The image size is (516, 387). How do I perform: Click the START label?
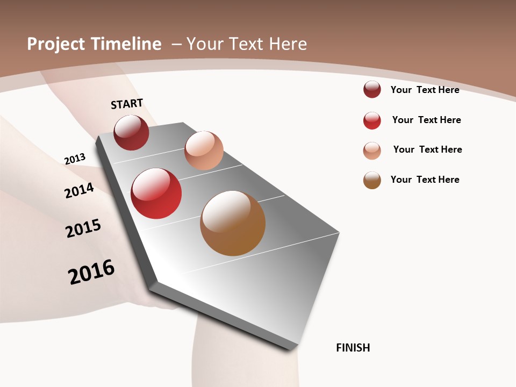[127, 104]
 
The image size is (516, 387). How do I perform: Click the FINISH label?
[353, 348]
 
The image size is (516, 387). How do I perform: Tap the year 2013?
[75, 159]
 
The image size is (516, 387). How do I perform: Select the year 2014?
[79, 191]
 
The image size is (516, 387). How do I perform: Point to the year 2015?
[83, 228]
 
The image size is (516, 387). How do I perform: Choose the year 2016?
[91, 271]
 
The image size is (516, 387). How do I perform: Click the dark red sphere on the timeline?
[131, 132]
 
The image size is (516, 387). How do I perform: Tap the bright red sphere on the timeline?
[156, 193]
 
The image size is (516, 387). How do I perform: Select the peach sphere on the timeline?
[204, 150]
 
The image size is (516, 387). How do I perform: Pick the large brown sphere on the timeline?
[233, 223]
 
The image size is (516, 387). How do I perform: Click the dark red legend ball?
[372, 90]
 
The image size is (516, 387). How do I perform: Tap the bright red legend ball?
[372, 120]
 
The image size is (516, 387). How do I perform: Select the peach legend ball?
[372, 150]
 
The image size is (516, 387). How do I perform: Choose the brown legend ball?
[372, 180]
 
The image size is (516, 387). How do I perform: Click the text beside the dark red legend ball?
[425, 90]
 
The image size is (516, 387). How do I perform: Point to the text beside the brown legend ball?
[425, 180]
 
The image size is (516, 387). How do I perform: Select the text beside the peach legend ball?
[427, 149]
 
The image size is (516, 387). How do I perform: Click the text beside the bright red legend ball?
[426, 120]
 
